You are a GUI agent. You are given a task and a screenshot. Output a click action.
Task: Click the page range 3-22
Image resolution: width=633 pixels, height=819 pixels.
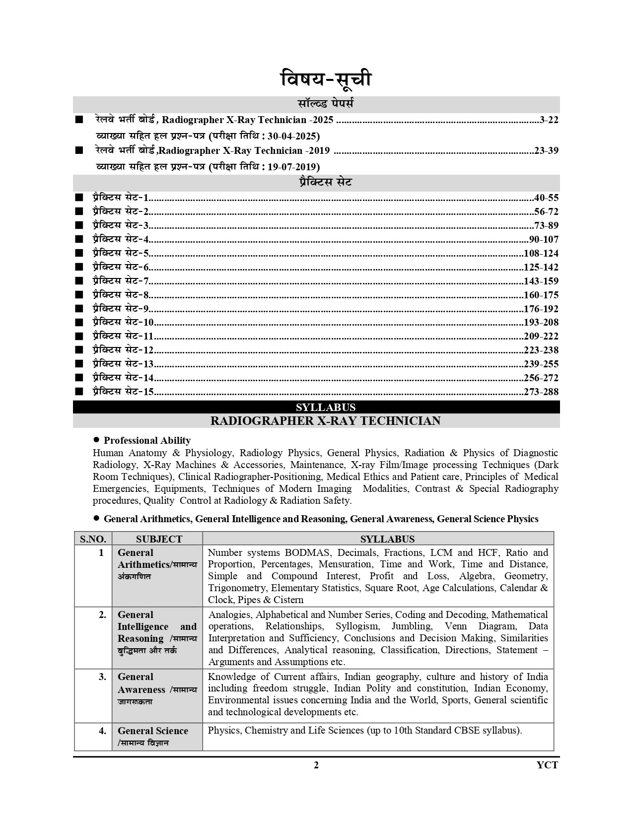click(x=549, y=120)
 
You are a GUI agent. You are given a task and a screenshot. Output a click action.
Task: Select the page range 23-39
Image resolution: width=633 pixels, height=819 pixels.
click(x=546, y=150)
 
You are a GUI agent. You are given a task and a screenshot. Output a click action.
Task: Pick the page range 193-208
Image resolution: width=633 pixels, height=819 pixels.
click(x=541, y=322)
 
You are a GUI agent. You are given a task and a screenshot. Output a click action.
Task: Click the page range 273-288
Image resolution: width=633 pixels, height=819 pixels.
click(x=541, y=392)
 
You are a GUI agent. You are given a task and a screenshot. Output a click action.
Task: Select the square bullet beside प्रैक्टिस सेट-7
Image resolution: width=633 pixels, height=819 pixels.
click(x=79, y=281)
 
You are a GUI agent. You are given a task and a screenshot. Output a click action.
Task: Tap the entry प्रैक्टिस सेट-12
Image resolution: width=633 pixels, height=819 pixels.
click(x=123, y=350)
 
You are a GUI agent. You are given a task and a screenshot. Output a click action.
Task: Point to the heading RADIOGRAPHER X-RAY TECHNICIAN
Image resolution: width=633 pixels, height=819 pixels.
click(x=325, y=421)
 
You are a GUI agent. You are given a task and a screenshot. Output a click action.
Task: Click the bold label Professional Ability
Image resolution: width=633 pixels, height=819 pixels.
click(x=147, y=440)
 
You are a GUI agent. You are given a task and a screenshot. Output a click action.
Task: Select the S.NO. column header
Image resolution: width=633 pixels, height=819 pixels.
click(x=93, y=539)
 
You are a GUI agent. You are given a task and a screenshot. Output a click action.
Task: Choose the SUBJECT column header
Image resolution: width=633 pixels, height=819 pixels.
click(x=159, y=539)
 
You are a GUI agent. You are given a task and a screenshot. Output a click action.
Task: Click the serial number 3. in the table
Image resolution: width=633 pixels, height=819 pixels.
click(x=102, y=677)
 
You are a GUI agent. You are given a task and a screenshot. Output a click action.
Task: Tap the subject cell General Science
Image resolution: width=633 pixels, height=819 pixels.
click(x=152, y=731)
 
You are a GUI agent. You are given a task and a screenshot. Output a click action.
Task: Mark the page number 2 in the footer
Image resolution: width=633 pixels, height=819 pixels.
click(x=316, y=765)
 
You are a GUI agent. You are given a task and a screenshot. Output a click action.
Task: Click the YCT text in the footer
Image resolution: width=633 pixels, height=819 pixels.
click(x=547, y=765)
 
